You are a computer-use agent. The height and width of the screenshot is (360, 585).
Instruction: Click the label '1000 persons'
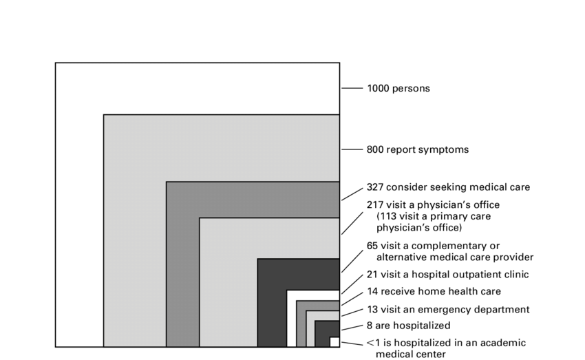398,88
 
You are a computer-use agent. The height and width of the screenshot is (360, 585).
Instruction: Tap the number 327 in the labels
375,187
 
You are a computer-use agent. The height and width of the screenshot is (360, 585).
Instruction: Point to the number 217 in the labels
375,205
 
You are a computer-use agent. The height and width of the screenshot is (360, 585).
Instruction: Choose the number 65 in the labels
372,246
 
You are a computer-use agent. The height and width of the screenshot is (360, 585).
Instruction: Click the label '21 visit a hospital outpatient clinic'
447,275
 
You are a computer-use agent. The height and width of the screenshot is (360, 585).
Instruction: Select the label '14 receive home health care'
434,291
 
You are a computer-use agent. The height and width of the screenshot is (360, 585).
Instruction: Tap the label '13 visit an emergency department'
447,309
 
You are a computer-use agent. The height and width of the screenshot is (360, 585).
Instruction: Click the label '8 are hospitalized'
408,326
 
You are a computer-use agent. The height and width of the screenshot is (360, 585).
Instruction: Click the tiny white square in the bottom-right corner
334,341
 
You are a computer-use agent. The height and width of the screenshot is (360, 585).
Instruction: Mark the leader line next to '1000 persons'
352,88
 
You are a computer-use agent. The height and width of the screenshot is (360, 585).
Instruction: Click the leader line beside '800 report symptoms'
352,149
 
